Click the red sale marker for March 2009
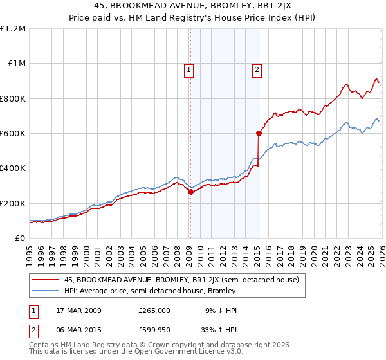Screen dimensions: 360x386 tap(190, 192)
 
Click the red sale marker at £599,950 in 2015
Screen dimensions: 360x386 tap(259, 134)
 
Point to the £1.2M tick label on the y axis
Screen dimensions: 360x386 tap(14, 29)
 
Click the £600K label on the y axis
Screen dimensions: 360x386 tap(13, 134)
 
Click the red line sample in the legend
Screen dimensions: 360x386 tap(46, 280)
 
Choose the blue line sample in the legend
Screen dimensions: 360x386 tap(46, 291)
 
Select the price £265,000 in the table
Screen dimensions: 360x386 tap(154, 310)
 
